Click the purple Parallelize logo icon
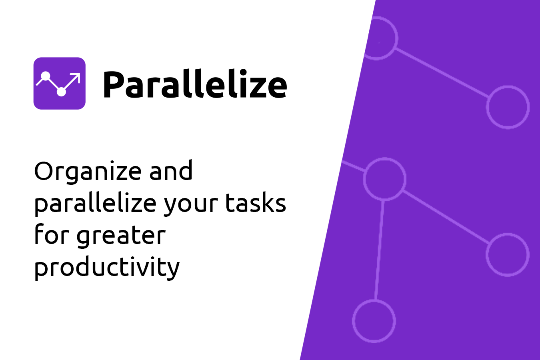(x=60, y=84)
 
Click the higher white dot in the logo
(x=45, y=76)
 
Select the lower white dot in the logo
(x=61, y=92)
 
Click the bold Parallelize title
(x=195, y=84)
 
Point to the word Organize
(x=88, y=172)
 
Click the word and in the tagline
(x=171, y=170)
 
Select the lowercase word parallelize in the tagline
(x=96, y=203)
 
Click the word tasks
(x=256, y=202)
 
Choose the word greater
(x=121, y=236)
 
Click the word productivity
(x=107, y=268)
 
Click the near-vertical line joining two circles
(x=379, y=250)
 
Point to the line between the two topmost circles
(x=442, y=72)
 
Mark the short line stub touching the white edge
(x=354, y=166)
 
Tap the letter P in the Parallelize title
(x=113, y=84)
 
